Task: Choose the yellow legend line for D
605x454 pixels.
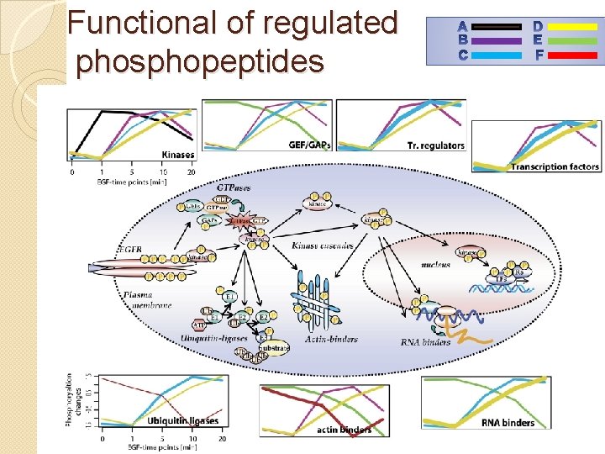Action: tap(572, 27)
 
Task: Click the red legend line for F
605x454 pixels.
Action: tap(572, 55)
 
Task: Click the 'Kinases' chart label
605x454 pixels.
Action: tap(177, 154)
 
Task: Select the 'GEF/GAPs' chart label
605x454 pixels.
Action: tap(309, 144)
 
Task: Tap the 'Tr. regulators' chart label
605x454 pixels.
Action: tap(435, 145)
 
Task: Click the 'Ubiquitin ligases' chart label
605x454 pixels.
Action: tap(183, 420)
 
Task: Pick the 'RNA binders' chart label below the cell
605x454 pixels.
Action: tap(508, 422)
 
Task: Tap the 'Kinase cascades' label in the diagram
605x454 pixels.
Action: tap(323, 245)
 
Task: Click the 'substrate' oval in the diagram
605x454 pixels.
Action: tap(274, 346)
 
